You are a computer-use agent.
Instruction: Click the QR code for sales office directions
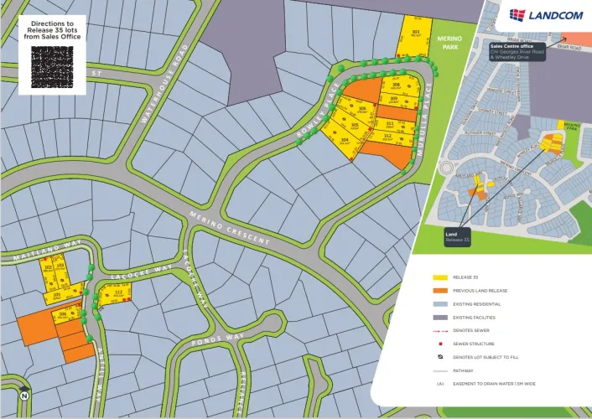52,67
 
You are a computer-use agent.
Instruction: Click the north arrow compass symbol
23,395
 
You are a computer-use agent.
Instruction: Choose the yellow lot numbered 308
395,85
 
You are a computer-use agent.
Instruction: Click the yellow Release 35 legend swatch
440,277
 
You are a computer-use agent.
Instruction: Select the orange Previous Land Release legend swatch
440,291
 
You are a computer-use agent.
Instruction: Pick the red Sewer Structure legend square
440,344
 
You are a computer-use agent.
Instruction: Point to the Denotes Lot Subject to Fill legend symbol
440,357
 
